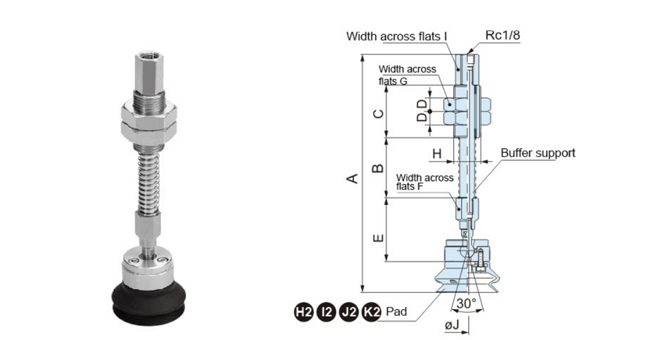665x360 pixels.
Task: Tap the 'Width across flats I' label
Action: click(397, 37)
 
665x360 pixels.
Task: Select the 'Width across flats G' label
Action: click(407, 75)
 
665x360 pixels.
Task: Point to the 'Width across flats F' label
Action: click(425, 182)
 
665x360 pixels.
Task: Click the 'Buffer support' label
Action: click(538, 153)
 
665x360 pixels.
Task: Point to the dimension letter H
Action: click(437, 153)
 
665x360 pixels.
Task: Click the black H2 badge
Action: click(303, 312)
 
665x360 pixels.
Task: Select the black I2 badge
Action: click(326, 312)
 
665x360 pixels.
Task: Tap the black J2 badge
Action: click(349, 312)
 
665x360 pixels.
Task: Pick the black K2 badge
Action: click(371, 312)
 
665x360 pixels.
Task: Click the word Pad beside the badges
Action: click(396, 312)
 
